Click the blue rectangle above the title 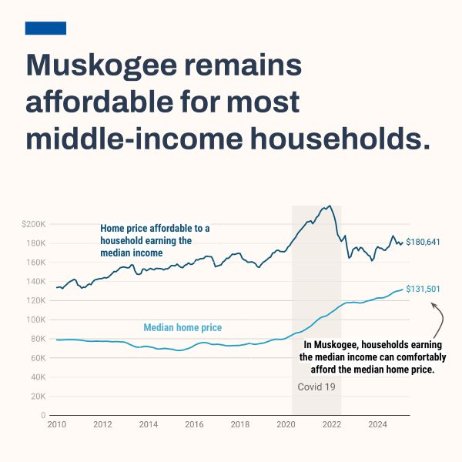pos(45,28)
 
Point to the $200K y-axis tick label pos(34,224)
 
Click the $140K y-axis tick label pos(34,281)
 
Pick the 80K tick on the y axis pos(38,339)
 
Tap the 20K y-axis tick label pos(38,396)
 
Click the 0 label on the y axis pos(45,415)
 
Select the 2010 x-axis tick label pos(56,424)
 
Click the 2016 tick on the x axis pos(194,424)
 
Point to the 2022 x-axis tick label pos(332,424)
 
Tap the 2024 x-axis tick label pos(378,424)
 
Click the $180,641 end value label pos(423,242)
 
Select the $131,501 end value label pos(423,289)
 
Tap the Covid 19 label pos(316,387)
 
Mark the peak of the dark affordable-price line pos(330,206)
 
